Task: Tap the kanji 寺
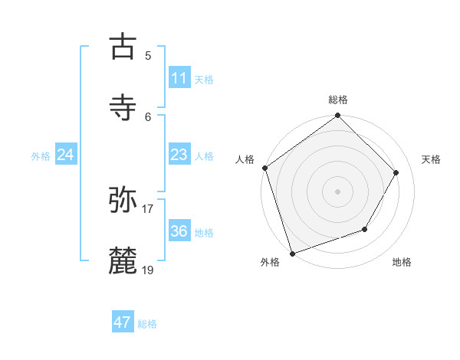click(123, 107)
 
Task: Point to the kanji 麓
click(123, 260)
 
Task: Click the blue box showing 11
click(179, 78)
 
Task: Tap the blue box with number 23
click(179, 155)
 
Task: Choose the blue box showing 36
click(179, 231)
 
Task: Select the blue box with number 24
click(66, 155)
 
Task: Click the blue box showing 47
click(123, 322)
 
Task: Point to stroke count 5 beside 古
click(148, 55)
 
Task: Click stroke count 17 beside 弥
click(148, 208)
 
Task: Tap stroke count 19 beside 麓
click(148, 270)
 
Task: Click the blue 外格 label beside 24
click(41, 156)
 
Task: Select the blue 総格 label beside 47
click(147, 324)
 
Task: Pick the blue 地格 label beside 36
click(204, 233)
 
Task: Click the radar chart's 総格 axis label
click(338, 100)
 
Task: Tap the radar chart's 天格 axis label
click(432, 159)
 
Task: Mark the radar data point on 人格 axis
click(264, 168)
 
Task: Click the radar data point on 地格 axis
click(365, 229)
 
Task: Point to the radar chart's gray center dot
click(338, 191)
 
